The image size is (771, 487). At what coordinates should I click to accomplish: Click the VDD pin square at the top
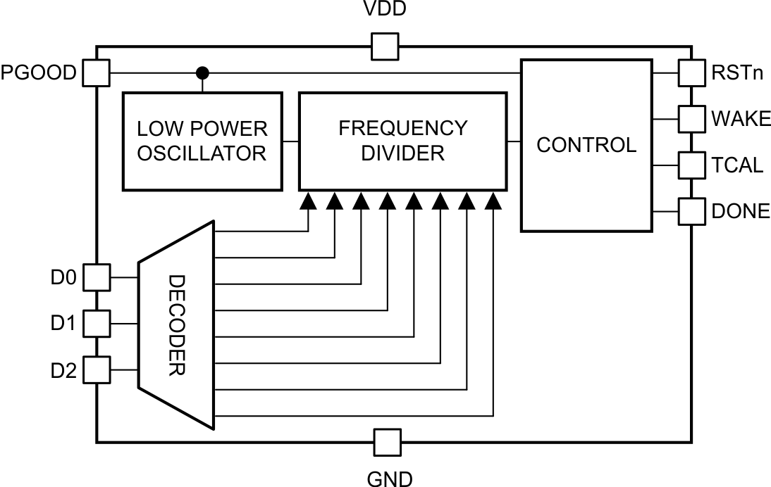[385, 46]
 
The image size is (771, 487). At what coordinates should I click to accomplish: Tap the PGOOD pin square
[97, 72]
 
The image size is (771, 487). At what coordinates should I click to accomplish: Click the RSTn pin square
[691, 72]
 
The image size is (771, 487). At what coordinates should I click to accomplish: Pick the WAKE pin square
[691, 118]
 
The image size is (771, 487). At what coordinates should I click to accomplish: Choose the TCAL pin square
[691, 165]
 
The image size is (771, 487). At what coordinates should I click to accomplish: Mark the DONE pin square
[691, 210]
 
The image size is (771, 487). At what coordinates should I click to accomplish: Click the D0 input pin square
[97, 277]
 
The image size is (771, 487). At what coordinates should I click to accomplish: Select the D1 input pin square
[97, 324]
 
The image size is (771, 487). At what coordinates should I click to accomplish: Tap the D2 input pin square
[97, 370]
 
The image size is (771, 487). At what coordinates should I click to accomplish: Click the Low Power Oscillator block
[202, 141]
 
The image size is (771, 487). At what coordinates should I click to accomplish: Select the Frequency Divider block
[403, 141]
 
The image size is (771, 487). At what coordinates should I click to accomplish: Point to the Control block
[586, 145]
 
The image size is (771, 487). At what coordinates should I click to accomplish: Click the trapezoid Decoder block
[176, 324]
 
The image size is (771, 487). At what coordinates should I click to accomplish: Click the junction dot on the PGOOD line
[202, 72]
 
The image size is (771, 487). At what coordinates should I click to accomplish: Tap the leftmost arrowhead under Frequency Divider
[308, 203]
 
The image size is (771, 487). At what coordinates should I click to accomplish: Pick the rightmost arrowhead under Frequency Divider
[494, 203]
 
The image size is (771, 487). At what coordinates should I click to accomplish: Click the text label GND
[390, 479]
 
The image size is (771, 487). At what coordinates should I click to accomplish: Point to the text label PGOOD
[38, 72]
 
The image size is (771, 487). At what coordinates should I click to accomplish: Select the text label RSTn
[737, 72]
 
